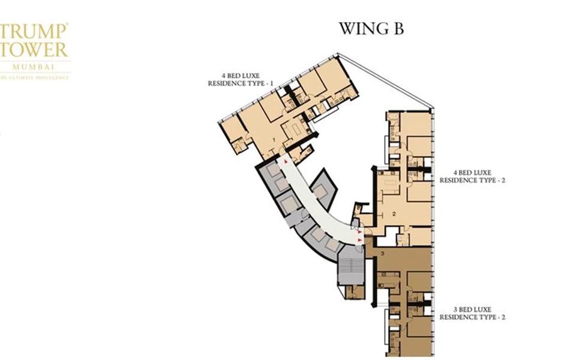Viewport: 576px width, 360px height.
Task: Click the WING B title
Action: coord(371,29)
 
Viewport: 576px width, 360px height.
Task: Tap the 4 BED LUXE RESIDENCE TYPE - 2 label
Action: coord(472,176)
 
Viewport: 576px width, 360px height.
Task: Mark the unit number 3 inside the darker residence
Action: coord(382,255)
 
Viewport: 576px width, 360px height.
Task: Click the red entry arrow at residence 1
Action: coord(286,162)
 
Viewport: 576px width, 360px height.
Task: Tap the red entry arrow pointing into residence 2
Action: coord(360,231)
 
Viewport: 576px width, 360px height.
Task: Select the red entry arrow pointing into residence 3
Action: coord(360,240)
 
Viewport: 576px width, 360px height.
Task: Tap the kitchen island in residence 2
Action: coord(391,182)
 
